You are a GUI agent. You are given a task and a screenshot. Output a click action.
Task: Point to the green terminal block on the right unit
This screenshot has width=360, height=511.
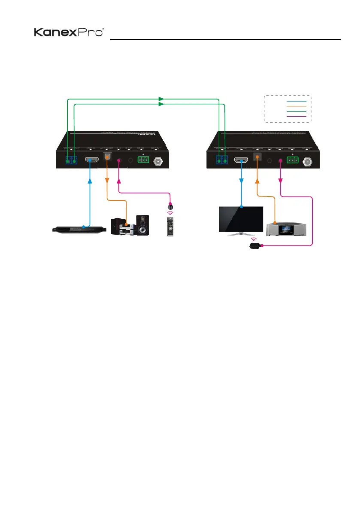293,160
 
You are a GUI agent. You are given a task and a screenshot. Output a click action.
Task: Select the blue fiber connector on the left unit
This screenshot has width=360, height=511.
71,160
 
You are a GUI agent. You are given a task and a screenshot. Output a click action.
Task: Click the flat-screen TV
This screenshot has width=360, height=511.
241,220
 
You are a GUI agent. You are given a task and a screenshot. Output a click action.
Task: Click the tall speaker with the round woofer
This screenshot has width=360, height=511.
143,225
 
